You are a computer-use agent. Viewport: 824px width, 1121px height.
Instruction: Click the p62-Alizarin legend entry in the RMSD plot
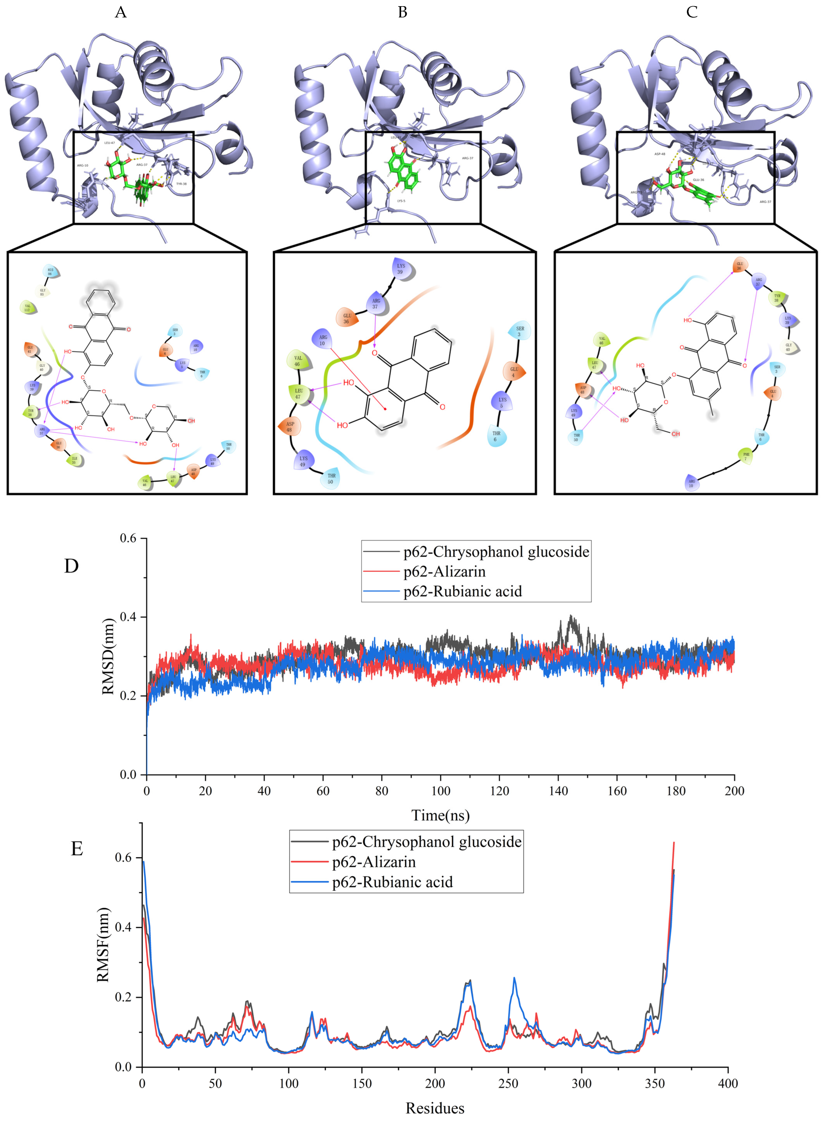click(x=444, y=571)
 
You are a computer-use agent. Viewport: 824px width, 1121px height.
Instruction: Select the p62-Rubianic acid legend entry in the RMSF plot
click(x=392, y=882)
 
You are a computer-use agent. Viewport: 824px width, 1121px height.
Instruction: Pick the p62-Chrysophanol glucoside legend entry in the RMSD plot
click(x=496, y=551)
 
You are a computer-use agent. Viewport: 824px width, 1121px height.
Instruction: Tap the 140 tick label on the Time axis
click(x=558, y=791)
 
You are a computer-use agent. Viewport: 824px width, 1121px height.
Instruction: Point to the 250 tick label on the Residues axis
click(x=508, y=1084)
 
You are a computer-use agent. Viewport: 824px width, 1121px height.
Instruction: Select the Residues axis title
click(x=434, y=1108)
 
